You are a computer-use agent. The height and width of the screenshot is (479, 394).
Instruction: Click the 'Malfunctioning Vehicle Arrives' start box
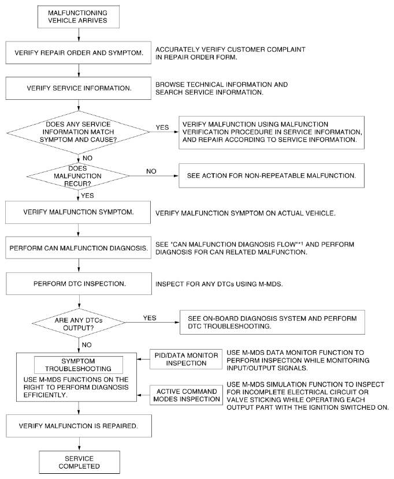79,17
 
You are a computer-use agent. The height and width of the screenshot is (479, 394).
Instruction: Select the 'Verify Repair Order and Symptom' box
79,53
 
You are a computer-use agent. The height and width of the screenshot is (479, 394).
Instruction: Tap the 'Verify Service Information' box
79,88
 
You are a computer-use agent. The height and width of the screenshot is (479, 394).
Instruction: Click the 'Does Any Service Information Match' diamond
79,132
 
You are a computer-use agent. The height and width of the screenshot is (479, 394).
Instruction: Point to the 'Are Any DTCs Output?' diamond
79,323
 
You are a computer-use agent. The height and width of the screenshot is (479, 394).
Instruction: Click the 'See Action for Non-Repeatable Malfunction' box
272,175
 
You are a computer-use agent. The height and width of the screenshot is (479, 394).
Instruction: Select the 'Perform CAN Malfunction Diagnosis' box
79,248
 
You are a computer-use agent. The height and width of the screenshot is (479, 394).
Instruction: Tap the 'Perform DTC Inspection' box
79,284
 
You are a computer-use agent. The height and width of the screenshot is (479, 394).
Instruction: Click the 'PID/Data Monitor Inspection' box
186,359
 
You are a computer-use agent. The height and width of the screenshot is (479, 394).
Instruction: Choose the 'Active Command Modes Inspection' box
186,395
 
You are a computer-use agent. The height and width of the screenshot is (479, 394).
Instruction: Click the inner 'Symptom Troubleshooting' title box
79,365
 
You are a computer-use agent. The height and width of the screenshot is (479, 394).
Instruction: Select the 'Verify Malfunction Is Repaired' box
79,426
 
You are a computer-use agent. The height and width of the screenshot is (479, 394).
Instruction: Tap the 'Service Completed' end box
79,462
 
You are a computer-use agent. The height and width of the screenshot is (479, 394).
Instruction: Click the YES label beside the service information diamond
162,128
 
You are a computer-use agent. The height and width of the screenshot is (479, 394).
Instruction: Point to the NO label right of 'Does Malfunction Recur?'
151,171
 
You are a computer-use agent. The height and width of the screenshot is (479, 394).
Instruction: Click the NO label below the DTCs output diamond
87,345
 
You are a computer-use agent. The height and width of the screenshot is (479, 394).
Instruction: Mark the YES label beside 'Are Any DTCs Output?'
150,318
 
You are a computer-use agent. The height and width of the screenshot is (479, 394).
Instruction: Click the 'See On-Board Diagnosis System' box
272,322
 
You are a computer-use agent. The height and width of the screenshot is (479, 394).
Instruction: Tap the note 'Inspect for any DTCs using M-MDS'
219,284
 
